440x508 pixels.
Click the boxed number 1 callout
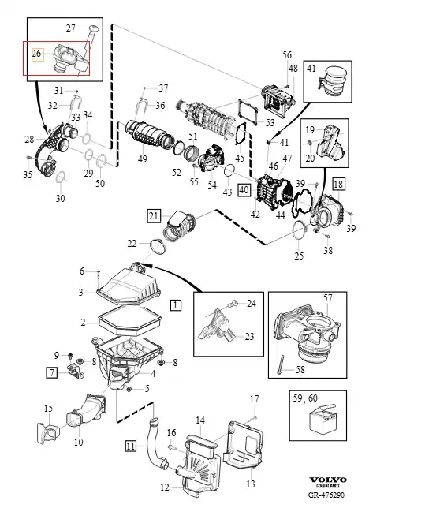point(176,304)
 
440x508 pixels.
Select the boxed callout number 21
point(154,216)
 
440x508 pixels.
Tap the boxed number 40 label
point(244,190)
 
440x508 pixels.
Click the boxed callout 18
point(338,184)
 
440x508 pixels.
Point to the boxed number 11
point(131,446)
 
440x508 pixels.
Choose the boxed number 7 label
point(52,372)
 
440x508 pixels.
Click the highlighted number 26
point(37,54)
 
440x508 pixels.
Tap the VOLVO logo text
point(328,480)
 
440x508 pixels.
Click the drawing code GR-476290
point(326,495)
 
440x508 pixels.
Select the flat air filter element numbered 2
point(129,320)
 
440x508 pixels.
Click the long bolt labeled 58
point(281,365)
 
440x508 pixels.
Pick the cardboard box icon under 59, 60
point(323,419)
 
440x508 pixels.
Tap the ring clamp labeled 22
point(158,247)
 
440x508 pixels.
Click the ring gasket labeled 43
point(229,170)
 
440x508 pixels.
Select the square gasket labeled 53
point(248,112)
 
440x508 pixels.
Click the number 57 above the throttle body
point(328,297)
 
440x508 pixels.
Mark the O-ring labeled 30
point(61,177)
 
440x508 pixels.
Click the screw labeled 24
point(233,304)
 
